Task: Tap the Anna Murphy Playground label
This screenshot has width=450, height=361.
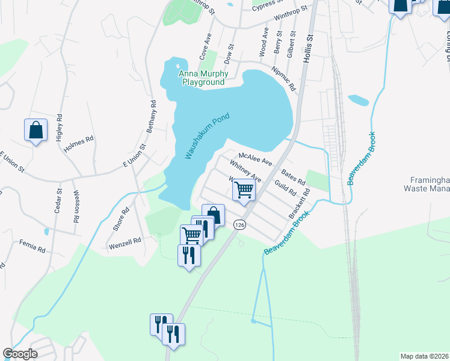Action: (x=202, y=78)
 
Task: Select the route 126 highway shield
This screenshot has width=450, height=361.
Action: (x=240, y=224)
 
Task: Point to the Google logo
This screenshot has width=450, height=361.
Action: (x=20, y=354)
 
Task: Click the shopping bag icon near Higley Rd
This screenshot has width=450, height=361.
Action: (x=35, y=131)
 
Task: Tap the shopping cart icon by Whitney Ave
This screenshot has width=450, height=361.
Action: (x=244, y=190)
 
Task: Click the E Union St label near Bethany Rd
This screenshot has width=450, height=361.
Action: (x=135, y=156)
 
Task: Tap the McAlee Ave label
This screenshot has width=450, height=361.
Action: (x=256, y=158)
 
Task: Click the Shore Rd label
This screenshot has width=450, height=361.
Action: (x=122, y=220)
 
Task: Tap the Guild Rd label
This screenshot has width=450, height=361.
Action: (x=285, y=187)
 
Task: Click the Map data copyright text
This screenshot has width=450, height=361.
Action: (x=424, y=356)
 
